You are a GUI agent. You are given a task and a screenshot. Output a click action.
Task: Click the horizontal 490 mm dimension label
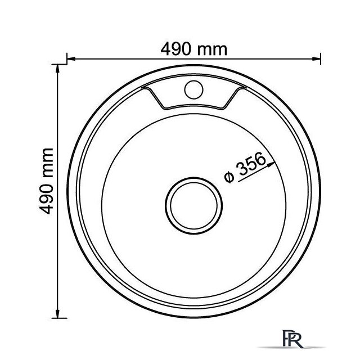pyautogui.click(x=193, y=49)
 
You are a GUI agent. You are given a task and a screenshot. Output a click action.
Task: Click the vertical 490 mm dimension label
pyautogui.click(x=46, y=181)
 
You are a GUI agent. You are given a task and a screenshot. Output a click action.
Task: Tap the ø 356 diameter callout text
pyautogui.click(x=245, y=167)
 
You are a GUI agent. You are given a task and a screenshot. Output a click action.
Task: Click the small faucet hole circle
pyautogui.click(x=193, y=89)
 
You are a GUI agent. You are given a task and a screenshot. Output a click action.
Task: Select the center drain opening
pyautogui.click(x=193, y=206)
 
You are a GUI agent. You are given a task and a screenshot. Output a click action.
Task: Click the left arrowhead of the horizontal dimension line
pyautogui.click(x=71, y=58)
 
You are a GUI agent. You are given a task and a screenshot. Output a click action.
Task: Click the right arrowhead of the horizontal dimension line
pyautogui.click(x=316, y=58)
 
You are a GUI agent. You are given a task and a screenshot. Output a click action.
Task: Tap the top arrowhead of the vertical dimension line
pyautogui.click(x=57, y=69)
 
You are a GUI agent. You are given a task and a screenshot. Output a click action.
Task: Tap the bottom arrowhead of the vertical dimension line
pyautogui.click(x=57, y=314)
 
